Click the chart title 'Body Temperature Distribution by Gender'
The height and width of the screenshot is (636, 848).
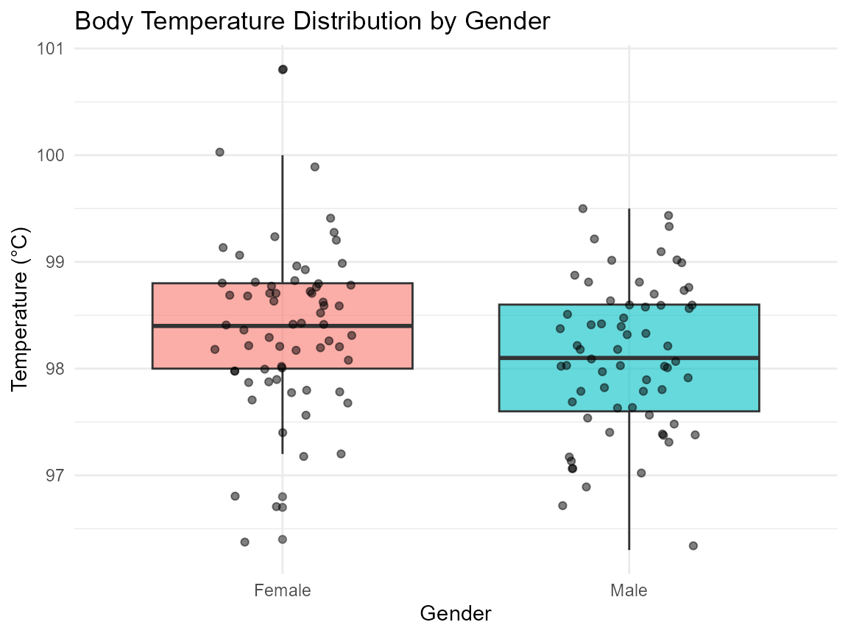(312, 21)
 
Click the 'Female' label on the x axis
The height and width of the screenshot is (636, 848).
(282, 590)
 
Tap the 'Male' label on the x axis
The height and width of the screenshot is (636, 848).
(629, 590)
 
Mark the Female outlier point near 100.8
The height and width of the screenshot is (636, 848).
(283, 69)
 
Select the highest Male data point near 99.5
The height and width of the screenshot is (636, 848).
(583, 208)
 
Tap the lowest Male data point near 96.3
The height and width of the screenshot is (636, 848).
(693, 545)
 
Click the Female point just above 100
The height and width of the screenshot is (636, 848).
(219, 152)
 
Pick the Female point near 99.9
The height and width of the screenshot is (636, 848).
(315, 166)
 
